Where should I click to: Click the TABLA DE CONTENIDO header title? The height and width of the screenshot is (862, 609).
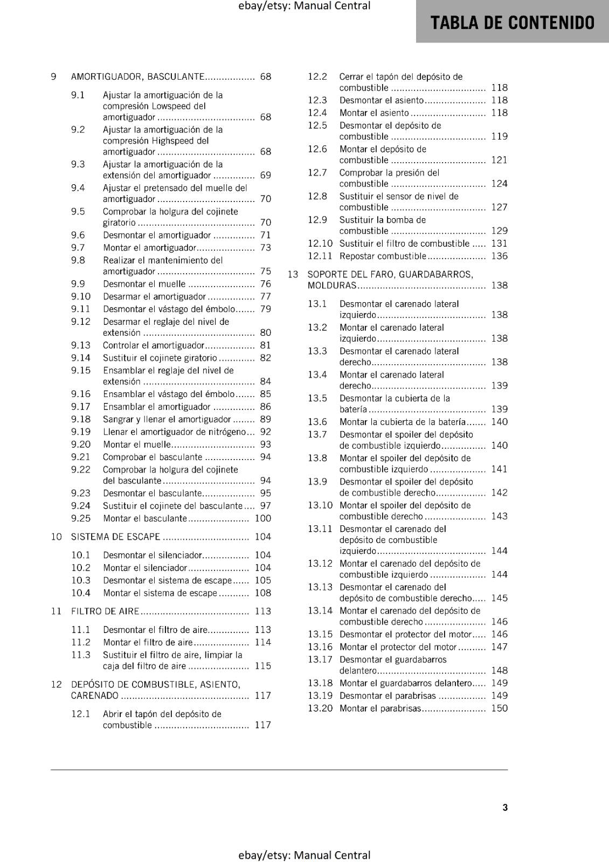(512, 23)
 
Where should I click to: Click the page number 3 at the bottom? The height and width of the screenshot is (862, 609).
(505, 807)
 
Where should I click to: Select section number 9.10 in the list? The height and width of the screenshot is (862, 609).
(81, 296)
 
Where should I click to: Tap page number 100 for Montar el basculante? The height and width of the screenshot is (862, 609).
(262, 518)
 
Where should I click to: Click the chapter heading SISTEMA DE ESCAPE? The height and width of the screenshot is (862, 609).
(115, 537)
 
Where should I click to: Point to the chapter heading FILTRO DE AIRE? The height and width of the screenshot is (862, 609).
(105, 611)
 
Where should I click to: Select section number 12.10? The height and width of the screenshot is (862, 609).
(320, 244)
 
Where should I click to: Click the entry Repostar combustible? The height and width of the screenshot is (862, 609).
(383, 256)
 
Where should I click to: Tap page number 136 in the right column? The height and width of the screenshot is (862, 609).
(499, 256)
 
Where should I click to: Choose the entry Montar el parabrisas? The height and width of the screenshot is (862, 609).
(379, 708)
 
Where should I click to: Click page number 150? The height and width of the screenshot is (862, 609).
(499, 708)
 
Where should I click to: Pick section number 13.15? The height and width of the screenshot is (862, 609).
(320, 634)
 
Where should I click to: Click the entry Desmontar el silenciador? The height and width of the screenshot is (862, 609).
(153, 555)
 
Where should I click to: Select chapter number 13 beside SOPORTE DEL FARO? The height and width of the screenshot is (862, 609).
(293, 274)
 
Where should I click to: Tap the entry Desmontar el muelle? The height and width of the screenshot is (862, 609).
(144, 284)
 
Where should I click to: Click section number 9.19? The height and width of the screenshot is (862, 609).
(81, 432)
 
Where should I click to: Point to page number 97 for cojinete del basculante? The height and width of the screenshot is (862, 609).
(265, 506)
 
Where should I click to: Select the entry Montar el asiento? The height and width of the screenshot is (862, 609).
(374, 113)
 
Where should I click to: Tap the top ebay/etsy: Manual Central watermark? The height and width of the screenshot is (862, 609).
(304, 6)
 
